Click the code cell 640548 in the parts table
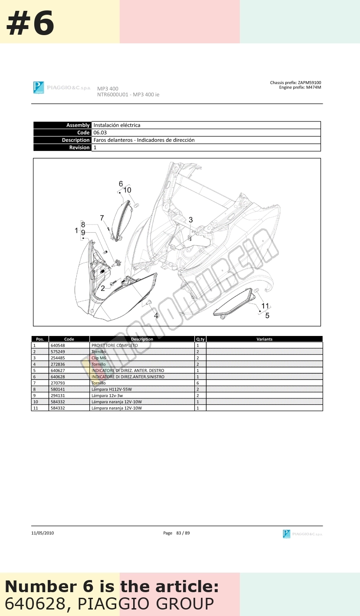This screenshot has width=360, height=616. pos(58,345)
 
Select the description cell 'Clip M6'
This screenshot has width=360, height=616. pos(99,358)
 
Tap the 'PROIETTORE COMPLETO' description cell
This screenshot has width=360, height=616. pos(115,345)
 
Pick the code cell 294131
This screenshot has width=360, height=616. pos(58,395)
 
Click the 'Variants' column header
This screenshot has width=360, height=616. pos(265,339)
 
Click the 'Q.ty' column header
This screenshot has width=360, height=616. pos(200,339)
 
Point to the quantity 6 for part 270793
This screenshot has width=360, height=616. pos(198,383)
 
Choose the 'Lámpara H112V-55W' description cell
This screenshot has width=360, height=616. pos(112,389)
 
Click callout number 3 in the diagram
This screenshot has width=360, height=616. pos(191,220)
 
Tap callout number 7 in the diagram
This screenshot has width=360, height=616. pos(102,218)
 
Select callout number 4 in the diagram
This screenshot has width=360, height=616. pos(156,316)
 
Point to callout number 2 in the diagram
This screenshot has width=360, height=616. pos(103,288)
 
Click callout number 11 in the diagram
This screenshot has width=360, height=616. pos(265,306)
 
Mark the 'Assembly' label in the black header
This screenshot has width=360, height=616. pos(78,125)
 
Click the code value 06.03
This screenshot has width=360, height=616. pos(100,133)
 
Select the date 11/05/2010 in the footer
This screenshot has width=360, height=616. pos(43,533)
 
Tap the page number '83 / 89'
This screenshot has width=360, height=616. pos(183,533)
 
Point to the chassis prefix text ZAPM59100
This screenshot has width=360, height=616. pos(309,82)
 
